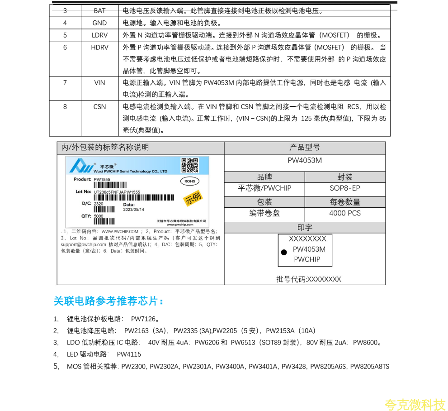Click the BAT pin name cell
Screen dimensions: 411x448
(x=99, y=11)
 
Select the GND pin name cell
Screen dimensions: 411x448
(x=99, y=23)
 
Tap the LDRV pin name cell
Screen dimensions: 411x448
(x=99, y=35)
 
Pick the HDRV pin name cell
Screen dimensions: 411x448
(x=99, y=47)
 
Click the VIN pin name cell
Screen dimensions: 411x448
(x=99, y=83)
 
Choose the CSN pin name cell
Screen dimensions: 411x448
(x=99, y=107)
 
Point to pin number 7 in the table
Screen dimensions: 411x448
(x=65, y=83)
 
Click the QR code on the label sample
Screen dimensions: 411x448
(x=190, y=165)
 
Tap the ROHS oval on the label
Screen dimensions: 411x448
(x=189, y=182)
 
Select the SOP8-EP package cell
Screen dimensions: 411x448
(x=345, y=188)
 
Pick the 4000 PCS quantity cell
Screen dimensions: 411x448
(x=345, y=213)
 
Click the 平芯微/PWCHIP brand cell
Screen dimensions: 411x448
(x=264, y=188)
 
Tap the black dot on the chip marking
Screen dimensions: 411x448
(x=284, y=252)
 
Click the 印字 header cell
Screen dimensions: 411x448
(x=305, y=227)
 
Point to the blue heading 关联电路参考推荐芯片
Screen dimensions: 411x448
(x=108, y=301)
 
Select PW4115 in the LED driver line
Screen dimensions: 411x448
(x=129, y=354)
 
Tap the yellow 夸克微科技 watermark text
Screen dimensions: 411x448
(x=415, y=404)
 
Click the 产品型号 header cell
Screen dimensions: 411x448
(x=305, y=148)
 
